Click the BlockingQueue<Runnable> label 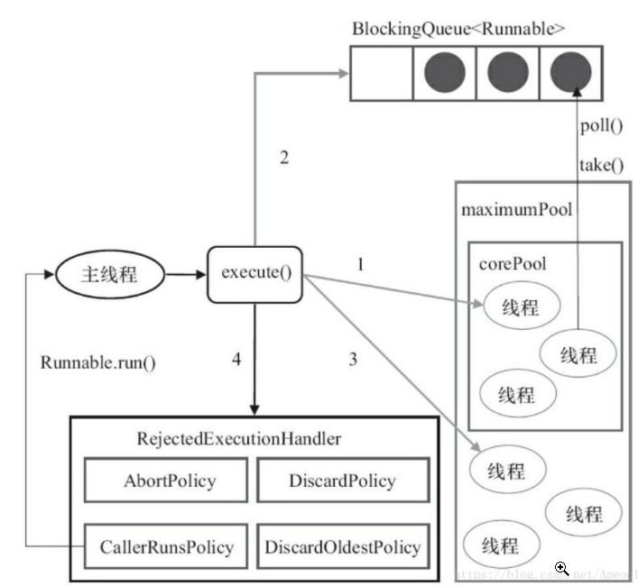tap(458, 27)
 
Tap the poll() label tap(599, 125)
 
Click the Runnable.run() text tap(98, 363)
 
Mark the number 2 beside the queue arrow tap(283, 158)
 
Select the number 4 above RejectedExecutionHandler tap(236, 359)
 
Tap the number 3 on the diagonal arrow tap(353, 359)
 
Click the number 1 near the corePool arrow tap(361, 264)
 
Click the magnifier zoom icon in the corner tap(561, 568)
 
